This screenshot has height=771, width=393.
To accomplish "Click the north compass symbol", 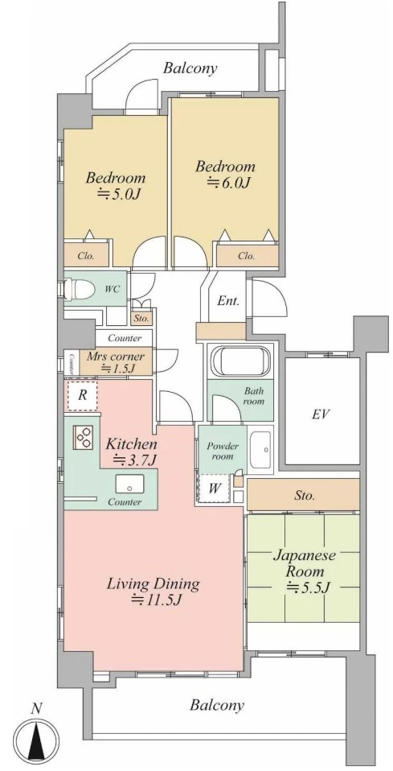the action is (x=37, y=737).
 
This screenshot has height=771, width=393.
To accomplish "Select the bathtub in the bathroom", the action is (x=239, y=362).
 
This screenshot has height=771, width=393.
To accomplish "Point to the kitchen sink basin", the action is (x=129, y=484).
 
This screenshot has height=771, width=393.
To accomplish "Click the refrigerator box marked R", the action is (x=83, y=395).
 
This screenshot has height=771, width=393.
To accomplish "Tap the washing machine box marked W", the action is (x=215, y=489).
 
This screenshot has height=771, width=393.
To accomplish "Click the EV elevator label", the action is (x=321, y=414).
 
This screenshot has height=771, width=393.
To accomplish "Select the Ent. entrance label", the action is (x=228, y=301).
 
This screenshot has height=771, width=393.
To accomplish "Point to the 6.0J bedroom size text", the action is (x=228, y=183).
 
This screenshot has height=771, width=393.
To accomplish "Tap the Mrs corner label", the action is (x=116, y=357).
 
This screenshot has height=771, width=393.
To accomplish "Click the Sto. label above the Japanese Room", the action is (x=305, y=496).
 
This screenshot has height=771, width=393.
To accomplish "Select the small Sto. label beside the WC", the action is (x=141, y=319).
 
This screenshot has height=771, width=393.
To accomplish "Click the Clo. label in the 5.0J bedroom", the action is (x=86, y=256).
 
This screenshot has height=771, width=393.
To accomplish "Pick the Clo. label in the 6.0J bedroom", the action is (x=246, y=256).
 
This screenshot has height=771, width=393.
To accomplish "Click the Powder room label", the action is (x=222, y=451).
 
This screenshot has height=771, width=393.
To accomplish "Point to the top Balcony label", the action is (x=190, y=68).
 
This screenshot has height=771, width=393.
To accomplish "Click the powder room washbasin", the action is (x=260, y=450).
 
